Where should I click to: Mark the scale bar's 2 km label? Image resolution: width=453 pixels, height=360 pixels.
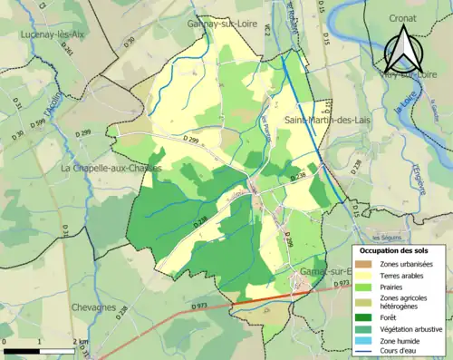click(x=82, y=341)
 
